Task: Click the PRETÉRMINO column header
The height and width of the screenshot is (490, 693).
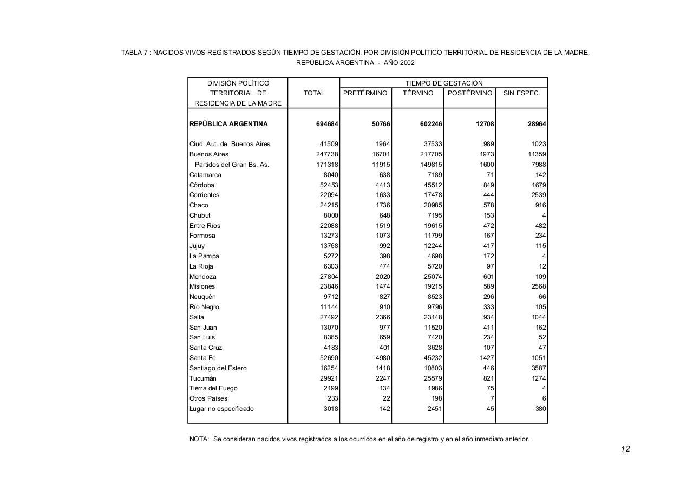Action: pyautogui.click(x=365, y=93)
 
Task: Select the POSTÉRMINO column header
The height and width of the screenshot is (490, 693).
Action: pyautogui.click(x=469, y=93)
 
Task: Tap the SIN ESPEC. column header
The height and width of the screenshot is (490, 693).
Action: pyautogui.click(x=521, y=93)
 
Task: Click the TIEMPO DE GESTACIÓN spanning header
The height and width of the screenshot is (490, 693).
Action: pyautogui.click(x=443, y=83)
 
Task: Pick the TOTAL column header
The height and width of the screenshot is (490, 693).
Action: pyautogui.click(x=314, y=93)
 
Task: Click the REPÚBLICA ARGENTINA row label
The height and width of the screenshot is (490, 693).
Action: pyautogui.click(x=228, y=124)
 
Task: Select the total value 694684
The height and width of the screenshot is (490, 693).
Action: pyautogui.click(x=327, y=124)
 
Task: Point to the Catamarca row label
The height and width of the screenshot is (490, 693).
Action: pyautogui.click(x=205, y=175)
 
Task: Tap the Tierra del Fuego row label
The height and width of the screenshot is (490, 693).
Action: pyautogui.click(x=213, y=388)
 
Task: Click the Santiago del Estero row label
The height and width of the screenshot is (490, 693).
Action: pyautogui.click(x=218, y=368)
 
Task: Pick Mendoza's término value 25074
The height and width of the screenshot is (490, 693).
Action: pyautogui.click(x=433, y=277)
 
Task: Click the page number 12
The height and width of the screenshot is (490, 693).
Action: pyautogui.click(x=625, y=449)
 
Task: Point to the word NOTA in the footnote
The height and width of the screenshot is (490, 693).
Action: pyautogui.click(x=199, y=439)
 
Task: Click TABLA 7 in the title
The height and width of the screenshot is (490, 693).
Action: pyautogui.click(x=135, y=53)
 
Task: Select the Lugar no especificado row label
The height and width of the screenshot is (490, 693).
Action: pyautogui.click(x=221, y=409)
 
